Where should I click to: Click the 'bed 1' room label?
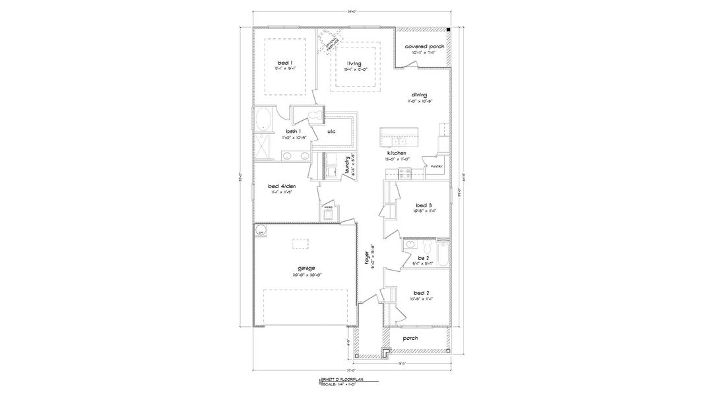286,62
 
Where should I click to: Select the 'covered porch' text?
424,48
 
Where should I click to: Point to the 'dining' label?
418,95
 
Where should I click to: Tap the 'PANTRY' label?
437,166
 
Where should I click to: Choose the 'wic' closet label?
331,131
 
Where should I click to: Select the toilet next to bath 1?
313,116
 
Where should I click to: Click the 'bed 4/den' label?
282,187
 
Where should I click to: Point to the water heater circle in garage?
261,232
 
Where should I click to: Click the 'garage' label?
305,268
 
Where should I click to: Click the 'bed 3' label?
424,205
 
